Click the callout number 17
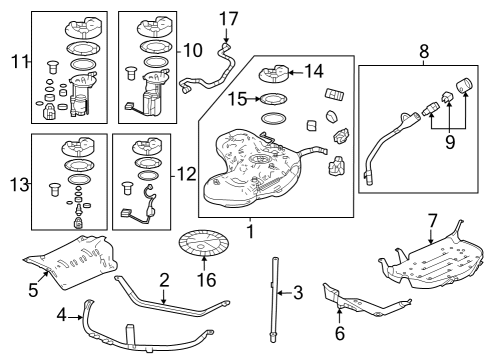tap(229, 17)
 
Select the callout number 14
tap(314, 71)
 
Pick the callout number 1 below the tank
tap(251, 229)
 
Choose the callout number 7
tap(432, 219)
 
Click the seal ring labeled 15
tap(271, 99)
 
